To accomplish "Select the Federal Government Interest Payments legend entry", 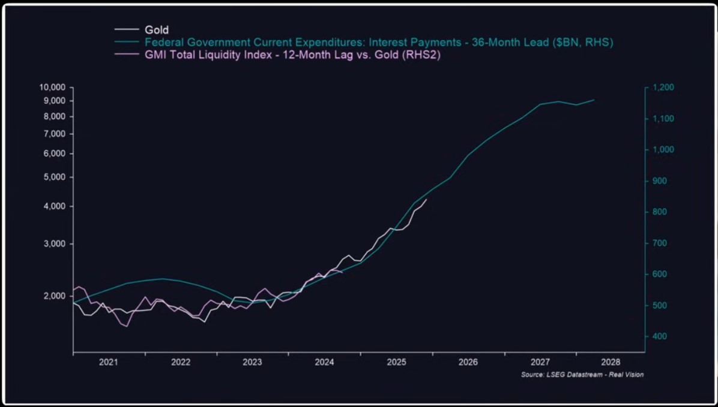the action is click(379, 43).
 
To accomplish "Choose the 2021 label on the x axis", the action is click(109, 363).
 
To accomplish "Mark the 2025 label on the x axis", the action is click(397, 363).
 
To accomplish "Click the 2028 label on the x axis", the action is click(612, 363).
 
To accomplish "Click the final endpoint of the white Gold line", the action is click(427, 200).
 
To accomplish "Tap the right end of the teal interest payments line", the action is click(594, 100).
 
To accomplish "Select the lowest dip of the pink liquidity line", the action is click(127, 327).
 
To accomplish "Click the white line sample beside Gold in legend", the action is click(127, 30).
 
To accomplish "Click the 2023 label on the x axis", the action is click(252, 363).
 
